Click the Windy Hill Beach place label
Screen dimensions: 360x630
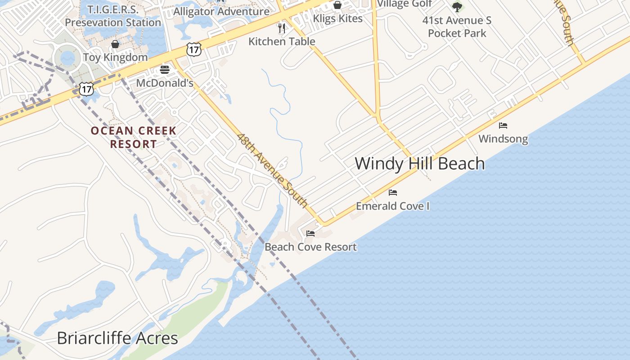[420, 163]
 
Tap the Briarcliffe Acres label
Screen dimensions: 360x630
[117, 338]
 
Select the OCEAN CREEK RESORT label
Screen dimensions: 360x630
[134, 137]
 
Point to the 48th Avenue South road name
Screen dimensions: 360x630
[272, 171]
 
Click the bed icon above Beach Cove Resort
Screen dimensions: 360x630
[310, 234]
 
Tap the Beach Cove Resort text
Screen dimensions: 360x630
[310, 247]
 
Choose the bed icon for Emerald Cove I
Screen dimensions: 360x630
[393, 193]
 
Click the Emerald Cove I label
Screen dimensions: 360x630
[393, 206]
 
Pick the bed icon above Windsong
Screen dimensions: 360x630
[503, 126]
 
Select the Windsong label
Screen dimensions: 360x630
[503, 139]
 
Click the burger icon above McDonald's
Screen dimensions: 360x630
[165, 70]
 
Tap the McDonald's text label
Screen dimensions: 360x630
[165, 83]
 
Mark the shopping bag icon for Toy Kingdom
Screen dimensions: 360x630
[115, 44]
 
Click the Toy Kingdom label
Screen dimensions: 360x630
[115, 57]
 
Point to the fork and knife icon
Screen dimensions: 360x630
[282, 28]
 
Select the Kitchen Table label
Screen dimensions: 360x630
[282, 41]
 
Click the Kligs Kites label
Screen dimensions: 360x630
[337, 18]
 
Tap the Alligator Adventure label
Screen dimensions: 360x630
[221, 11]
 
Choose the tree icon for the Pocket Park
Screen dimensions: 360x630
[457, 7]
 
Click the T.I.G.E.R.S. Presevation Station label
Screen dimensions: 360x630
[112, 16]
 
